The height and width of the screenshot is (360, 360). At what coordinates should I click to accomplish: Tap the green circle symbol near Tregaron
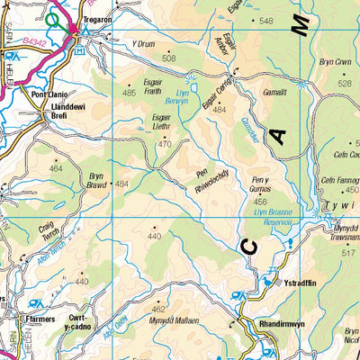[55, 18]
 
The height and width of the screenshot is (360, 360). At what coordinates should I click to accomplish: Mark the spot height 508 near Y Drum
[168, 58]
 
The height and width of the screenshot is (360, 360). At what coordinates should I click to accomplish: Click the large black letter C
[251, 247]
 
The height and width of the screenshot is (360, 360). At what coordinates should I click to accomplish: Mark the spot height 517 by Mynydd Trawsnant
[347, 254]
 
